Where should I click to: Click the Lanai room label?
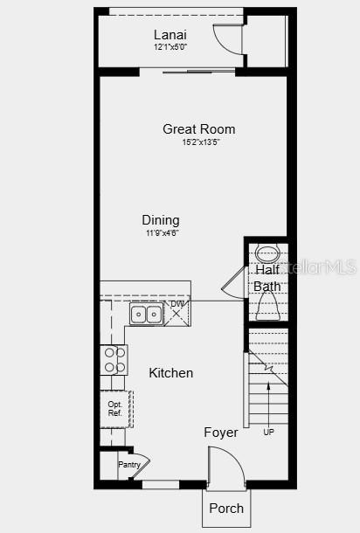click(x=170, y=34)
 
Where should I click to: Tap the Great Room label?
click(x=198, y=129)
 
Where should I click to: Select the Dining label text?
click(x=161, y=220)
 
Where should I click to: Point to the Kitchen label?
click(x=170, y=373)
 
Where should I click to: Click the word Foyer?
click(x=221, y=433)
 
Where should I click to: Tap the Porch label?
click(x=226, y=508)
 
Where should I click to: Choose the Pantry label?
click(x=129, y=465)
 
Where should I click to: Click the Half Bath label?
click(x=267, y=278)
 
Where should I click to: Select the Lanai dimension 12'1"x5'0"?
click(x=170, y=47)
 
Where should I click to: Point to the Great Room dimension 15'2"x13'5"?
click(x=201, y=142)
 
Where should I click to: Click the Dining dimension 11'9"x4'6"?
click(x=162, y=233)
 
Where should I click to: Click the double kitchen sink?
click(x=145, y=314)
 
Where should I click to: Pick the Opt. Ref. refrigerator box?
click(x=115, y=409)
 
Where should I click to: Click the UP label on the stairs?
click(x=268, y=432)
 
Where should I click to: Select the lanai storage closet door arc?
click(x=229, y=39)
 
